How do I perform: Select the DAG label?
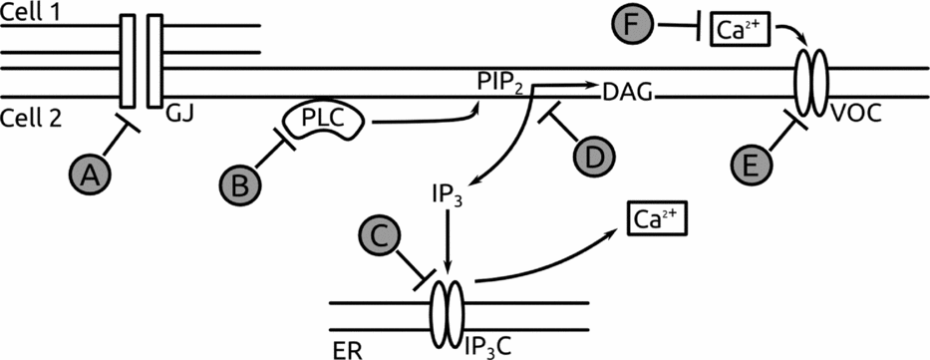click(x=628, y=95)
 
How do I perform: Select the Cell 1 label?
click(x=30, y=9)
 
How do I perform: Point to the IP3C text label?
click(x=489, y=346)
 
